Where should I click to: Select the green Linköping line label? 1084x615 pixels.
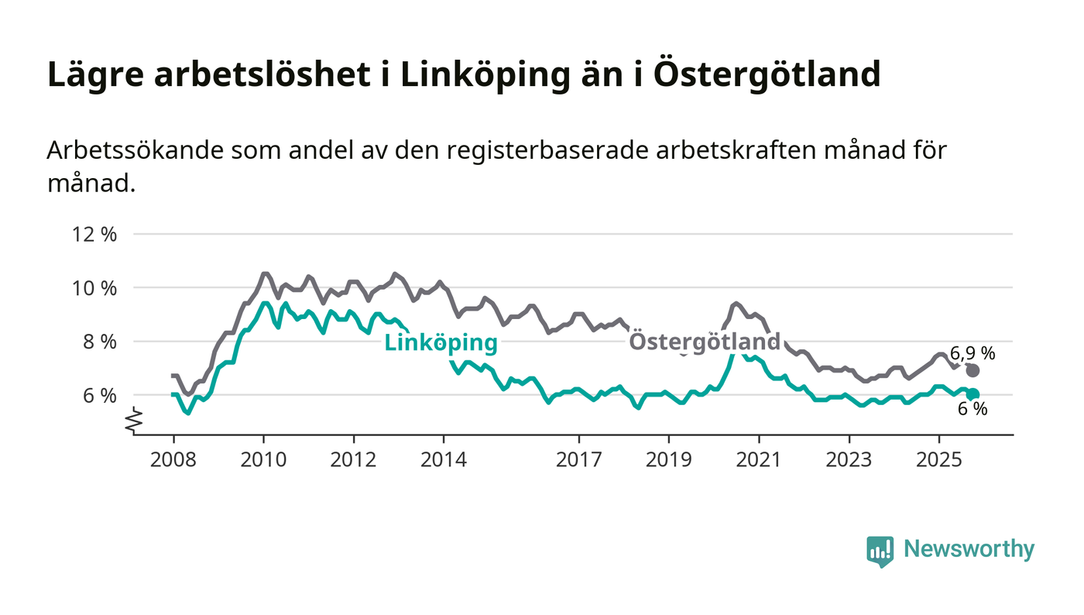coord(441,343)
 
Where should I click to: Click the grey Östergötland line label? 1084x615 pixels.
coord(705,342)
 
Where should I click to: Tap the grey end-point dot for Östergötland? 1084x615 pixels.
coord(973,370)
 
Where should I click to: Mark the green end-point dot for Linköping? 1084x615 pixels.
coord(973,394)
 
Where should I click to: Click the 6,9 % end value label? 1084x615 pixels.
coord(973,353)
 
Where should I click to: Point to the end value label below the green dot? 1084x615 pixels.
coord(973,410)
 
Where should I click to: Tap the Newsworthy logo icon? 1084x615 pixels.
coord(880,551)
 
